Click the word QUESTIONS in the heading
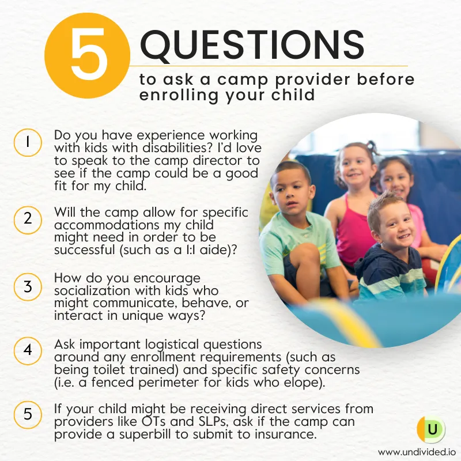coord(252,46)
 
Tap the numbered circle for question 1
coord(28,142)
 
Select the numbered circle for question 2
coord(28,220)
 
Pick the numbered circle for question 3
coord(28,286)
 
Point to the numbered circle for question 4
coord(28,351)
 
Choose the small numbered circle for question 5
coord(28,414)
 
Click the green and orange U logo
coord(431,429)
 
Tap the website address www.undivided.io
coord(417,452)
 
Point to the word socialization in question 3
coord(92,291)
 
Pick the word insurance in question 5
coord(285,434)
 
